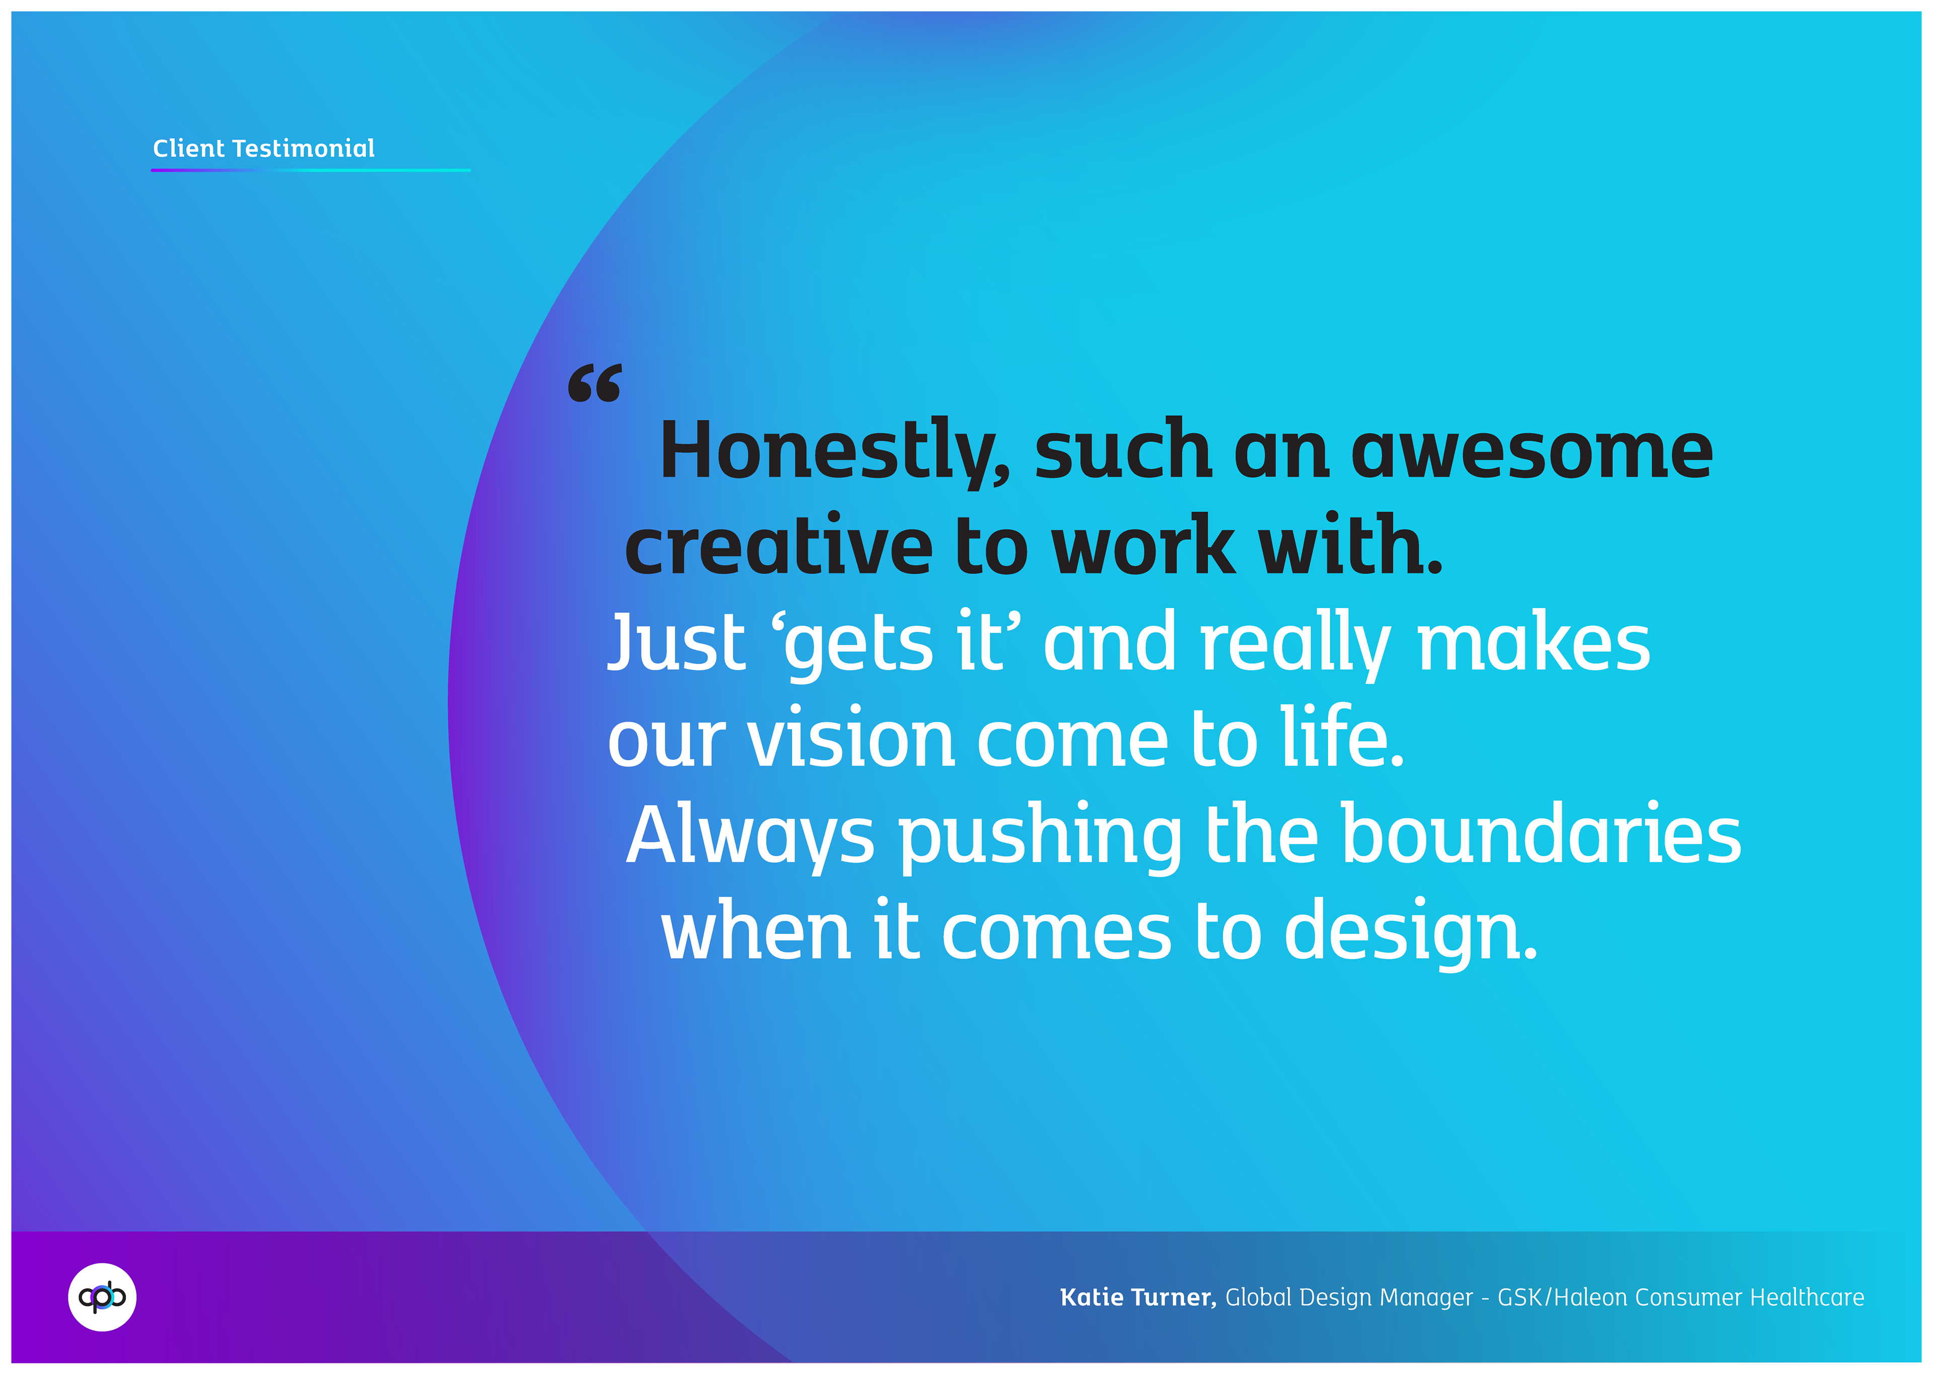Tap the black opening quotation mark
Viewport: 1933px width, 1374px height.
click(594, 383)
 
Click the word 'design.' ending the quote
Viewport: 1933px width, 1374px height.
click(1411, 932)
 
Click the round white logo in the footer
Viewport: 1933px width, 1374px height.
click(102, 1297)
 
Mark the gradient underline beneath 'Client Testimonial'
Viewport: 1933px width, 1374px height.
click(311, 170)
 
